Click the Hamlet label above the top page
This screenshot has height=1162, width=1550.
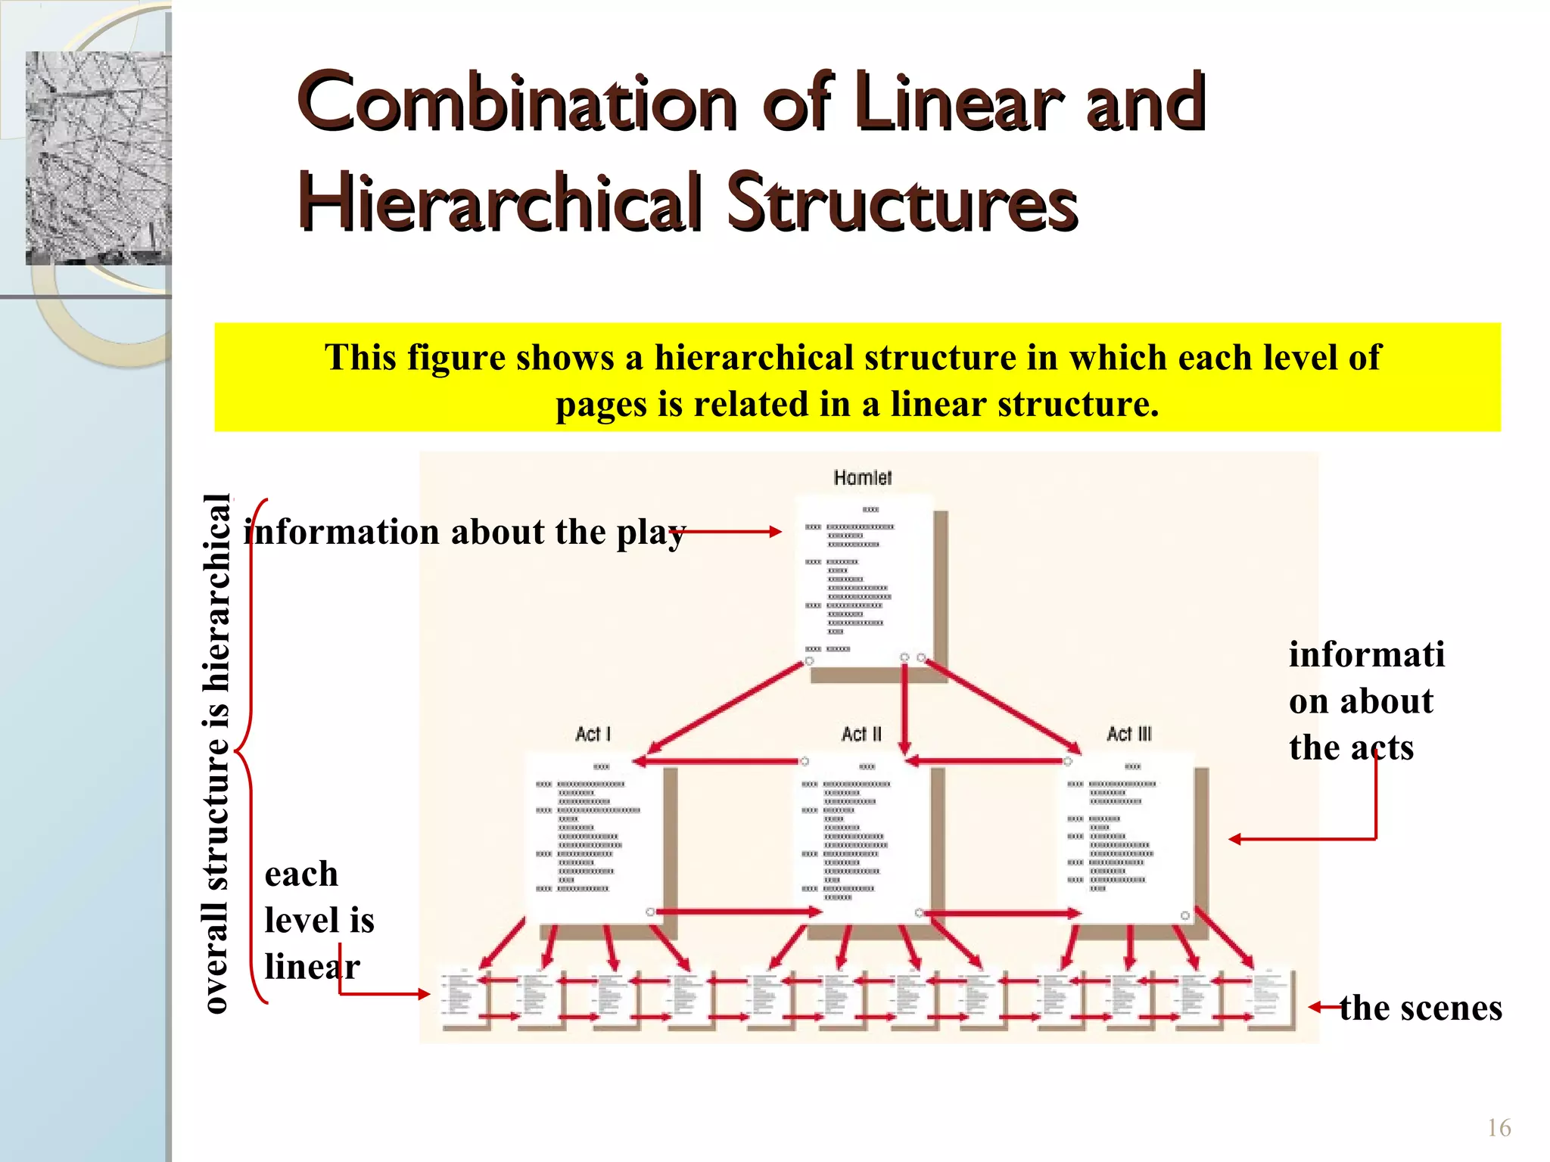point(862,477)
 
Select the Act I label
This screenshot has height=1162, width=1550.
point(593,734)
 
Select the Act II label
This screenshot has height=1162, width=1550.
point(861,734)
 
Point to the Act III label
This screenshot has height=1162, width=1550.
point(1128,734)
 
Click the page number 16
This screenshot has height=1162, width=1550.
point(1499,1128)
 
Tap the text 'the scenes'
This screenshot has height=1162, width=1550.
point(1420,1008)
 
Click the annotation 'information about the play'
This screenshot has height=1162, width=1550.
point(464,532)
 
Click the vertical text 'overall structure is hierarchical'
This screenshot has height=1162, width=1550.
point(216,753)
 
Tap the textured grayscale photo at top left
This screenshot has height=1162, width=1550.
point(98,157)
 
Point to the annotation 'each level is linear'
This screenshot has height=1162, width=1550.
point(318,920)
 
